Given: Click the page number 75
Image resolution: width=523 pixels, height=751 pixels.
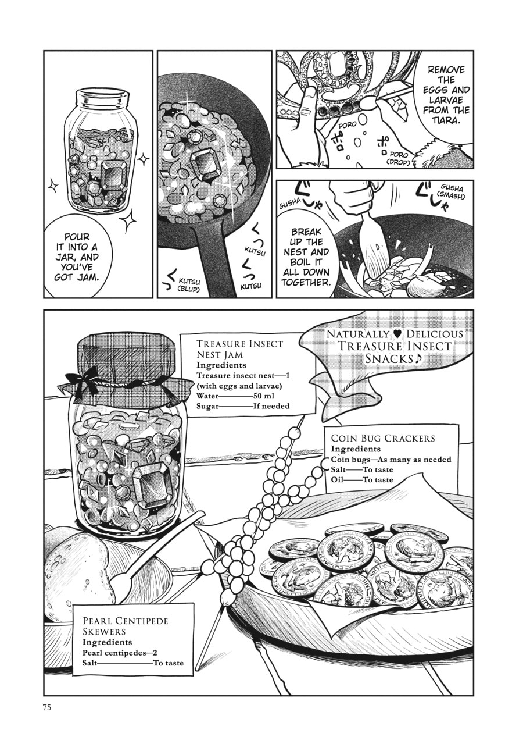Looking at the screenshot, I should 48,707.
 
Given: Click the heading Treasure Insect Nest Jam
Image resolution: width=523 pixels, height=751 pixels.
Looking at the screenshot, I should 239,348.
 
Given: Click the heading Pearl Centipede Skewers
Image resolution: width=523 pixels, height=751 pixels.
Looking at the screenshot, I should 125,626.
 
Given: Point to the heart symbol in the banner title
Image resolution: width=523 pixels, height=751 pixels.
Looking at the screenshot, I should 397,334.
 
